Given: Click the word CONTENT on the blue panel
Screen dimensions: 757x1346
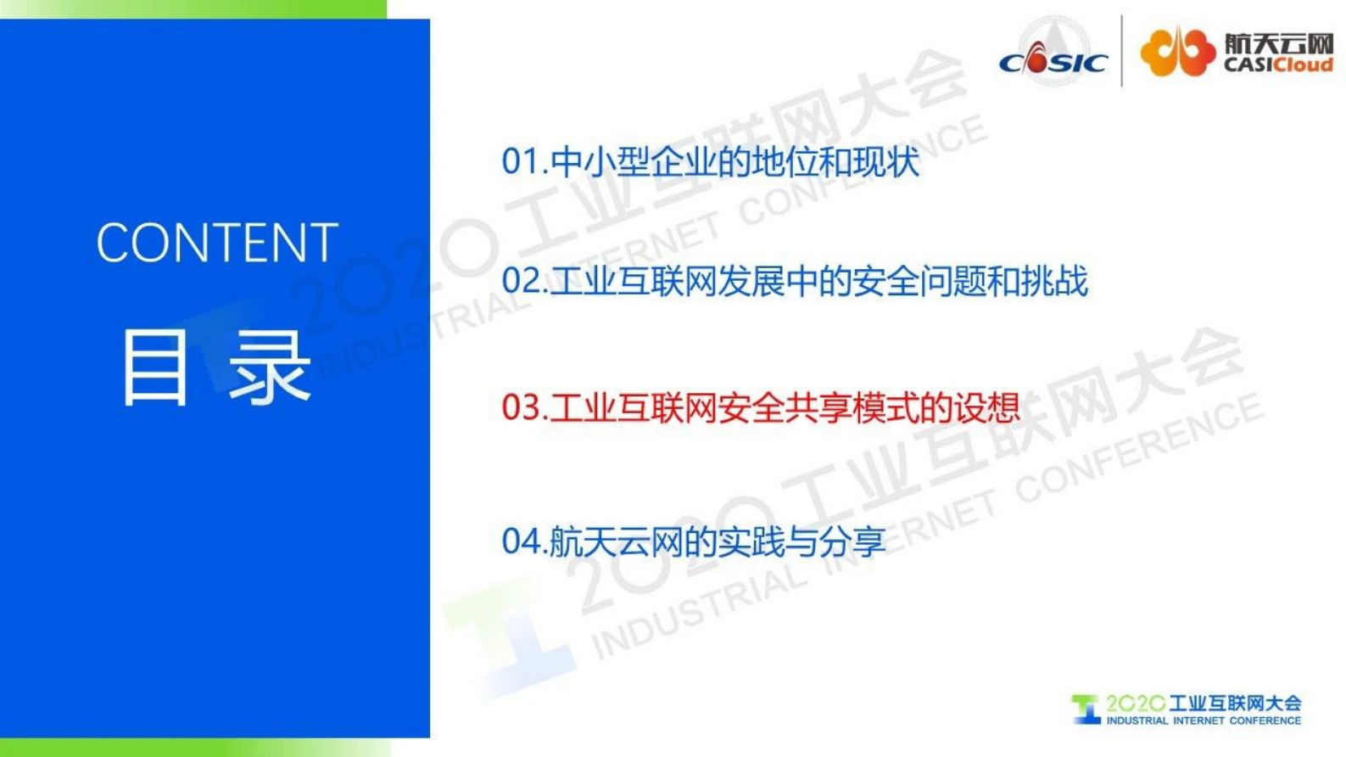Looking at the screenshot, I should coord(217,244).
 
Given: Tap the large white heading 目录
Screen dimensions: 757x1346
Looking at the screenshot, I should coord(216,367).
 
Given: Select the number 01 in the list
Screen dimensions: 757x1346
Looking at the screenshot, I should coord(519,161).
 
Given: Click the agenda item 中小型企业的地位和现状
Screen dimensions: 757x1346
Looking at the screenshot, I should coord(734,161).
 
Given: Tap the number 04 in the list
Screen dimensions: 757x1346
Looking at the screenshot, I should coord(519,541).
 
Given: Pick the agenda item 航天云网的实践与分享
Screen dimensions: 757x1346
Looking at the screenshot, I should coord(718,541).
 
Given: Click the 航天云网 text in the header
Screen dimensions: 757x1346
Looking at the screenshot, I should coord(1278,43).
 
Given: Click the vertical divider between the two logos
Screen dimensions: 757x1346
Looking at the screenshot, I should coord(1122,51).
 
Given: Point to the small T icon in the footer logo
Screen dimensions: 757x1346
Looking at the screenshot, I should coord(1086,709).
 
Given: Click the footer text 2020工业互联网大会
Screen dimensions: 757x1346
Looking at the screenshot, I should coord(1203,703).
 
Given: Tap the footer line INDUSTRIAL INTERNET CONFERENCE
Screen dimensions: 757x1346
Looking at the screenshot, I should coord(1203,721).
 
